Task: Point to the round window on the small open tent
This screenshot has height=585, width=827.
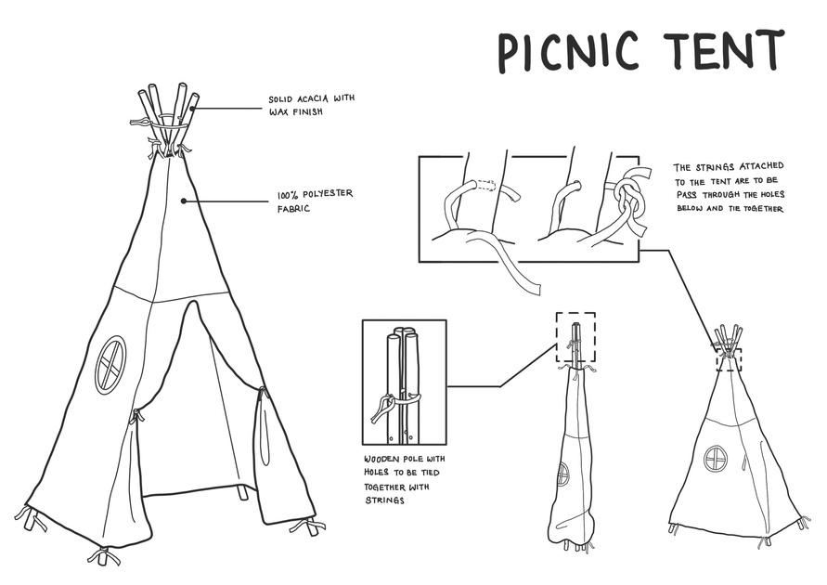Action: (x=716, y=458)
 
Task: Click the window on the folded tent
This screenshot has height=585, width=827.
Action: (x=562, y=474)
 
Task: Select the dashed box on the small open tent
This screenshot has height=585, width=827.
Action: (x=729, y=357)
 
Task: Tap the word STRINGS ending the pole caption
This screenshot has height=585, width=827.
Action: (x=381, y=501)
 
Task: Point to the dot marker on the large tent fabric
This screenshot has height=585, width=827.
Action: (x=184, y=200)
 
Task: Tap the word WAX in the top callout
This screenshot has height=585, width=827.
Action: (x=280, y=111)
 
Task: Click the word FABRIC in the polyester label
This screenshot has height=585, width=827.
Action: (x=292, y=210)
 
